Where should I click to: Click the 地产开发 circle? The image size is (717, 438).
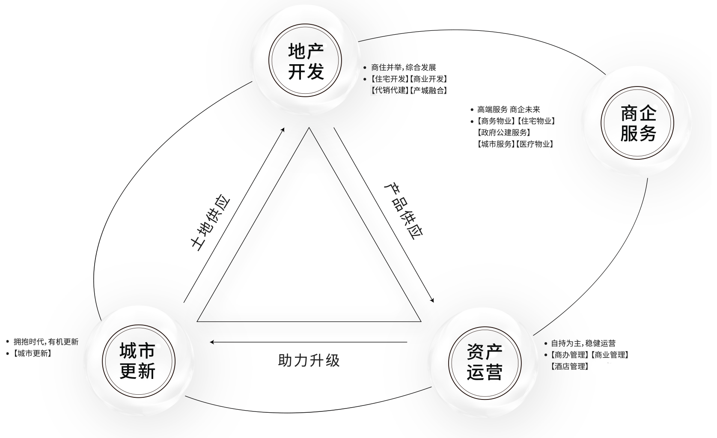[305, 61]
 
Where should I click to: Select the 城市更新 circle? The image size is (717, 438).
[138, 361]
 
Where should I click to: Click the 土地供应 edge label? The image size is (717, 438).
[210, 223]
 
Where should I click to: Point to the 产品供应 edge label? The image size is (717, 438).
[403, 211]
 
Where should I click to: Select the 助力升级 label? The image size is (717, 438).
[309, 360]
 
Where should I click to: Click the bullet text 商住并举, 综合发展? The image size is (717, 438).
[403, 68]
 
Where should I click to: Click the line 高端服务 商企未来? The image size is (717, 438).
[509, 110]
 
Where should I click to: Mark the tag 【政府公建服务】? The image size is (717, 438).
[504, 133]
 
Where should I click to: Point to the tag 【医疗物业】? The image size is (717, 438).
[535, 144]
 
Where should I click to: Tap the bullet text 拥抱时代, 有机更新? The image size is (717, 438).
[46, 342]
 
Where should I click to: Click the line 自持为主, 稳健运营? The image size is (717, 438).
[583, 343]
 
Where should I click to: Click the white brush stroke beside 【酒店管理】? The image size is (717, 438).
[612, 367]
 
